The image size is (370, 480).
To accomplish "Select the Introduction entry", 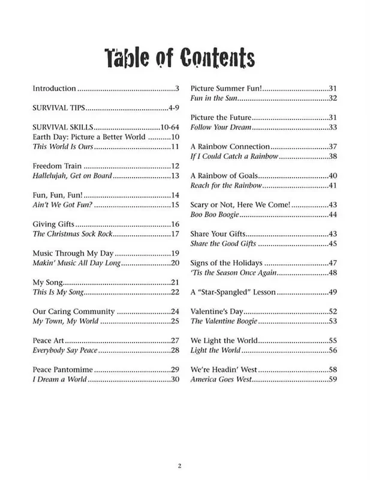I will click(54, 88).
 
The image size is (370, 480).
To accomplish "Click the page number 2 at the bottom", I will click(179, 466).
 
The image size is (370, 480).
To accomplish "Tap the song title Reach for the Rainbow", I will click(225, 185).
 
